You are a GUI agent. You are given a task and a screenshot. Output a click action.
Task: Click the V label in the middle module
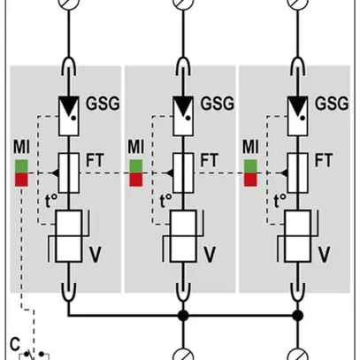209,255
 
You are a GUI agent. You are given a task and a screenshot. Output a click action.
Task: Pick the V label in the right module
323,255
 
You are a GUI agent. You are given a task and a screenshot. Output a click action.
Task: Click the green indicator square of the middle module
136,165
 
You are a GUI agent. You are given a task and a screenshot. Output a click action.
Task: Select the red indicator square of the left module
22,180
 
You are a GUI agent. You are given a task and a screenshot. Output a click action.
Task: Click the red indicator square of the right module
250,180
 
